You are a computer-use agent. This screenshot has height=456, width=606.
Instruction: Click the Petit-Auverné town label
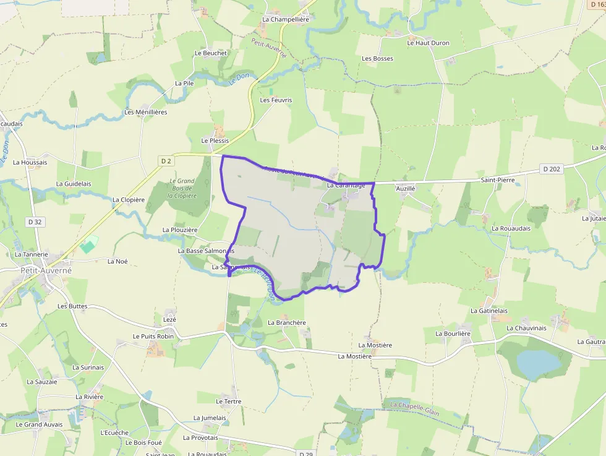(x=46, y=270)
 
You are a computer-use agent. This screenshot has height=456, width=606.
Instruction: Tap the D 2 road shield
(x=166, y=161)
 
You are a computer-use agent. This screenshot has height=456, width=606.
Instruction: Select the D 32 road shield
(x=34, y=222)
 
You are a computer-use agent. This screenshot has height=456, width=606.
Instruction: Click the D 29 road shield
(x=305, y=454)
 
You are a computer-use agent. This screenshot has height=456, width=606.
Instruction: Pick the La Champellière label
(x=285, y=19)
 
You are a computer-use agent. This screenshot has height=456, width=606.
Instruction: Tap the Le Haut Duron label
(x=428, y=43)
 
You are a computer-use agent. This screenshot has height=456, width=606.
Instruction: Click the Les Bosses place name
(x=377, y=58)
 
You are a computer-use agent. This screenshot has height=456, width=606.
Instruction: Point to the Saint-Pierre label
(x=498, y=180)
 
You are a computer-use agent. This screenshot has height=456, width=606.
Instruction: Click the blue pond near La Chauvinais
(x=536, y=364)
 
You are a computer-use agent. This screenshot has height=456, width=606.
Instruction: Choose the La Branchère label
(x=287, y=322)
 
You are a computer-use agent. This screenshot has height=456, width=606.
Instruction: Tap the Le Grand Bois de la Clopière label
(x=182, y=189)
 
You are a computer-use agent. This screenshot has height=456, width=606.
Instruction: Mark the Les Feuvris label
(x=276, y=100)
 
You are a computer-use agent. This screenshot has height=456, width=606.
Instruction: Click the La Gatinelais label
(x=489, y=311)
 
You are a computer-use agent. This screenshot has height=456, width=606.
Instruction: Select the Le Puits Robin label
(x=153, y=336)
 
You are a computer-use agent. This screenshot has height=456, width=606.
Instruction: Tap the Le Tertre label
(x=228, y=402)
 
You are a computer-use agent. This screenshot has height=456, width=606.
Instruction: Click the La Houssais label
(x=30, y=162)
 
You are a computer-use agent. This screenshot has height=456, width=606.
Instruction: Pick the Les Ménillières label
(x=146, y=112)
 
